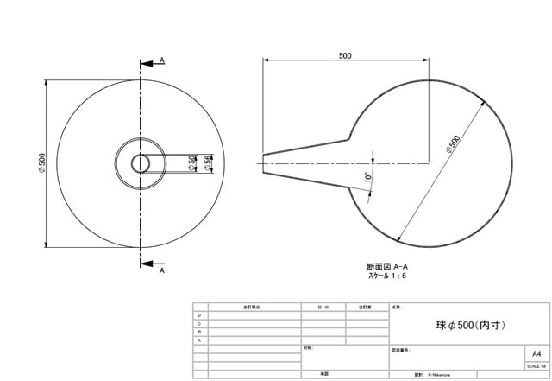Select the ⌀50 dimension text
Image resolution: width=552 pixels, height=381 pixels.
click(x=191, y=162)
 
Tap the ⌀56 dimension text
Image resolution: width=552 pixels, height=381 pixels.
click(x=208, y=162)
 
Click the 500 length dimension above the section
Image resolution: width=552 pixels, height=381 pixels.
click(x=345, y=55)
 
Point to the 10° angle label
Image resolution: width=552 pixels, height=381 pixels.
click(x=367, y=179)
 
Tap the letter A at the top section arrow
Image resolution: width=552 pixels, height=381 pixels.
click(x=161, y=60)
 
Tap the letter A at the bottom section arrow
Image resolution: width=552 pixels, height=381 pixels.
click(x=161, y=270)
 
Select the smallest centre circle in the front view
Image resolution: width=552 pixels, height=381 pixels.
click(x=140, y=162)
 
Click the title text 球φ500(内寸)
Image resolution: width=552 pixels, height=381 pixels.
click(x=470, y=326)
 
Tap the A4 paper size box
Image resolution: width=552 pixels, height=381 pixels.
click(x=536, y=354)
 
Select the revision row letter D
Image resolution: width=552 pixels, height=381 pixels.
click(x=200, y=315)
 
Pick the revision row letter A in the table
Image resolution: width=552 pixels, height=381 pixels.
click(x=200, y=340)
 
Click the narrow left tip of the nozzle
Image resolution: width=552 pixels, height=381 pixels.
click(x=264, y=162)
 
